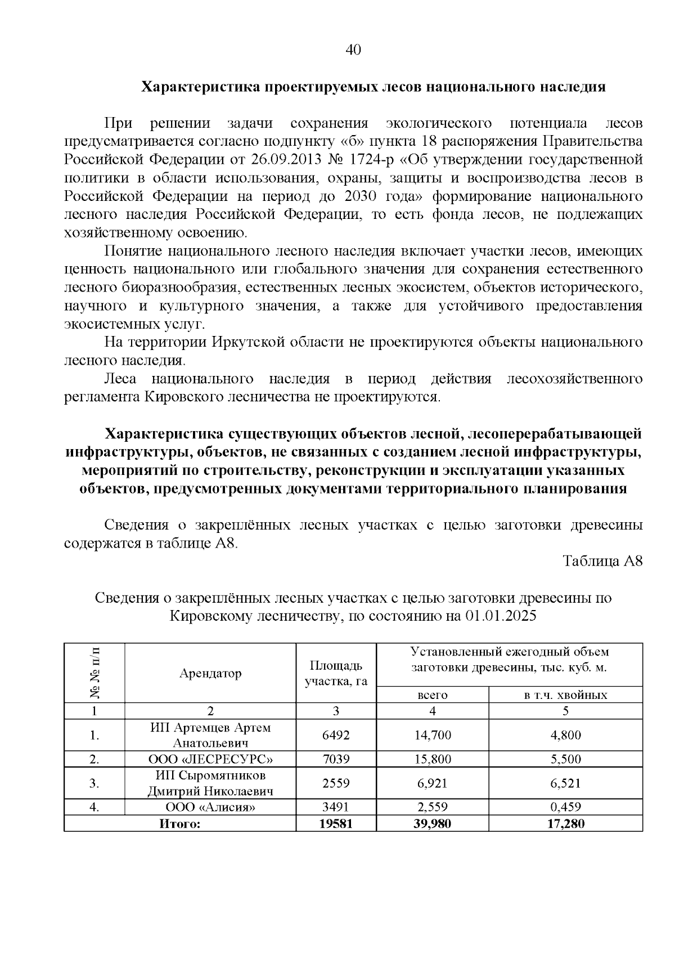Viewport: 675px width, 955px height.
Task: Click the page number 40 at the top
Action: [x=353, y=50]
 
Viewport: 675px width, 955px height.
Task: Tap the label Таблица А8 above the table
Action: [x=602, y=561]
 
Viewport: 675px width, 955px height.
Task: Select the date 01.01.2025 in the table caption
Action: [x=501, y=616]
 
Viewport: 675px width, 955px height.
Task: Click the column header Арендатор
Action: [x=210, y=673]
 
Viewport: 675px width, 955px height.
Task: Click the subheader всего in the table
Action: [x=432, y=695]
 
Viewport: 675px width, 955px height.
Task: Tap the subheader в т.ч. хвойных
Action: [x=565, y=695]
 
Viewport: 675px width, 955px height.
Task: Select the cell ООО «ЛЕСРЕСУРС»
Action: [x=210, y=759]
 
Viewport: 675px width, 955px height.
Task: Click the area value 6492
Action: [x=336, y=735]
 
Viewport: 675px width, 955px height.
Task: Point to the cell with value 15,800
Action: [x=433, y=759]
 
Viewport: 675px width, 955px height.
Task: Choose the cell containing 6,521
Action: [x=565, y=783]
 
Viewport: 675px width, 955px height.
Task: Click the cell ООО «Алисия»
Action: [x=210, y=808]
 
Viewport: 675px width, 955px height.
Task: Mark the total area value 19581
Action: [x=336, y=824]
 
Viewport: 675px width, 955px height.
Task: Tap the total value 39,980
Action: [x=433, y=824]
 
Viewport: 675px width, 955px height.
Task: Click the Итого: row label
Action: [x=180, y=824]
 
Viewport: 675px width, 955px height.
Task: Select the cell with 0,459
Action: [x=565, y=808]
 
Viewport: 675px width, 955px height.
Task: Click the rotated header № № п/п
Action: [x=94, y=673]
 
